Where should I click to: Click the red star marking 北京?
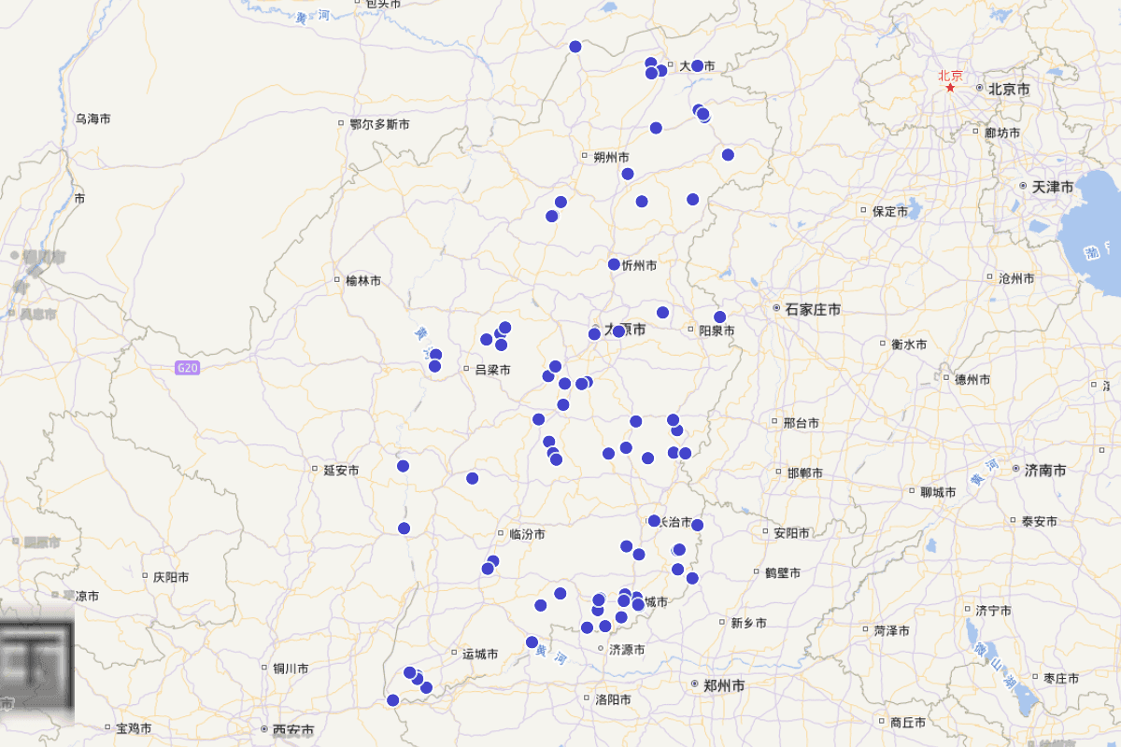point(950,88)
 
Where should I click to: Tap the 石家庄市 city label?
point(812,309)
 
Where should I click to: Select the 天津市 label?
point(1052,188)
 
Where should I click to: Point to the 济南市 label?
point(1044,471)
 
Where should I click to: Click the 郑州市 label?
point(724,685)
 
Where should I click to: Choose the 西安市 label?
point(292,730)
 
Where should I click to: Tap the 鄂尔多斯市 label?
point(378,123)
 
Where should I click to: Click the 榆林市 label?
point(363,280)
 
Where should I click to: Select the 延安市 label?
point(341,471)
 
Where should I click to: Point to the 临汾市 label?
point(527,535)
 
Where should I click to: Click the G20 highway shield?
point(187,368)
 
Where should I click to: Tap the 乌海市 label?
point(93,120)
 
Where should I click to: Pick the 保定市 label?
point(889,212)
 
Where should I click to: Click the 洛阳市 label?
point(613,699)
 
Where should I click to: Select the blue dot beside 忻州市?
point(614,264)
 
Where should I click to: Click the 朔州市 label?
point(611,157)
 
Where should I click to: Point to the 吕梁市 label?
point(492,370)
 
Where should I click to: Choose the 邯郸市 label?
point(804,473)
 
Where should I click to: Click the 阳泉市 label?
point(717,331)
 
